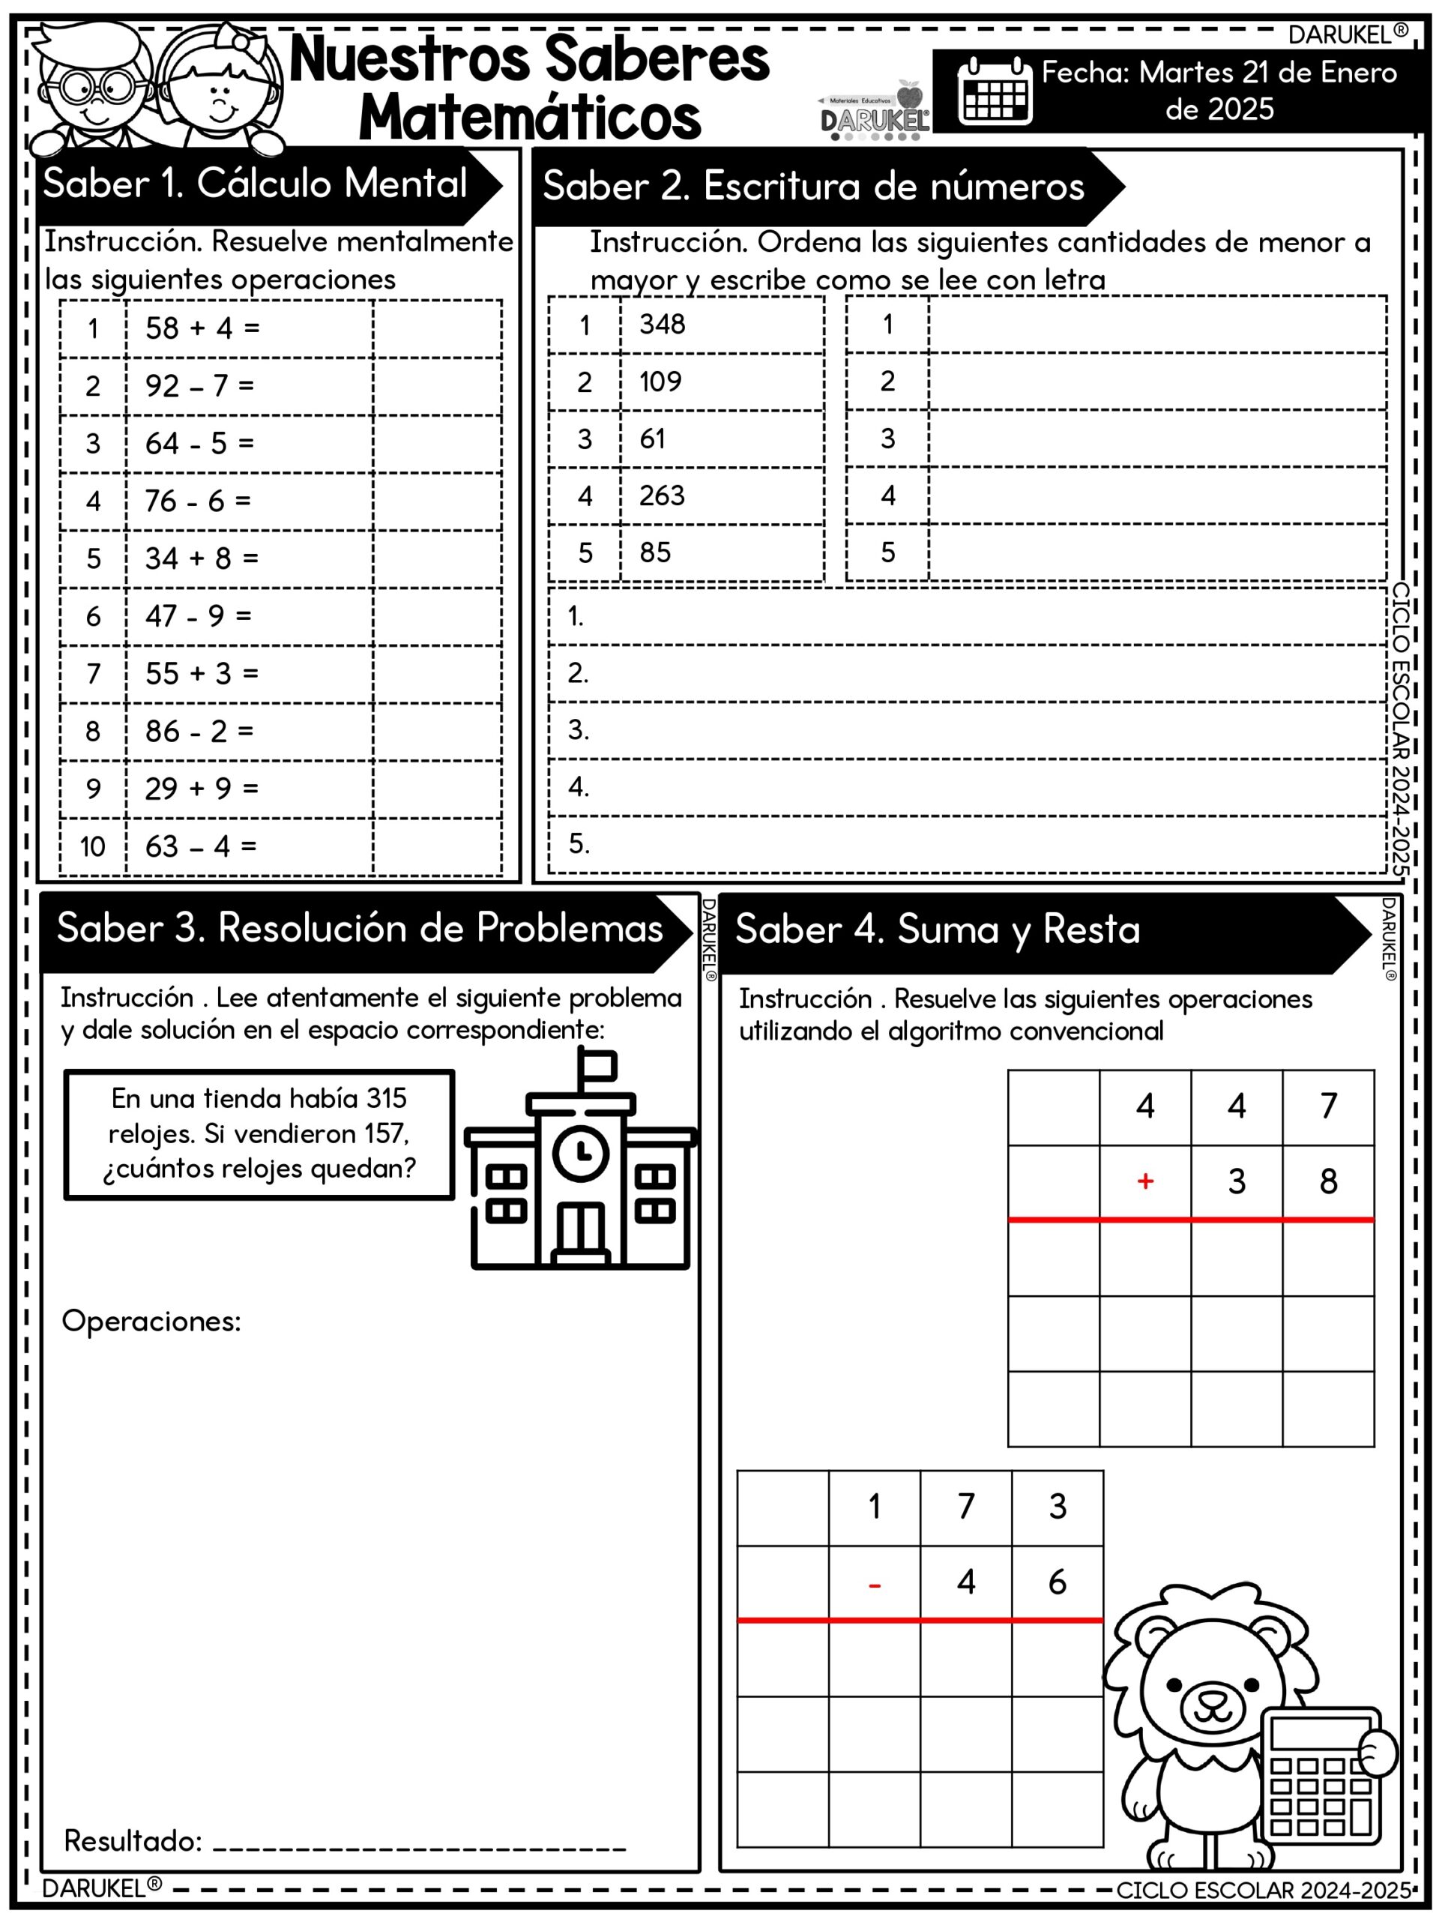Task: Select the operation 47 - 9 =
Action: (198, 616)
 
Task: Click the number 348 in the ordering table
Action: (662, 325)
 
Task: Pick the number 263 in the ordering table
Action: (662, 495)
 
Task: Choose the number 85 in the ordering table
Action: (655, 552)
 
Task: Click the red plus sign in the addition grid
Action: (1145, 1181)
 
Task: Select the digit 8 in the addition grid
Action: (1328, 1181)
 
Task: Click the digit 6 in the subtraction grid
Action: (1057, 1582)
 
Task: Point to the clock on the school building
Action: (580, 1152)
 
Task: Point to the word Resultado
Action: (133, 1841)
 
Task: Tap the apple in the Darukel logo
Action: (909, 94)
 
